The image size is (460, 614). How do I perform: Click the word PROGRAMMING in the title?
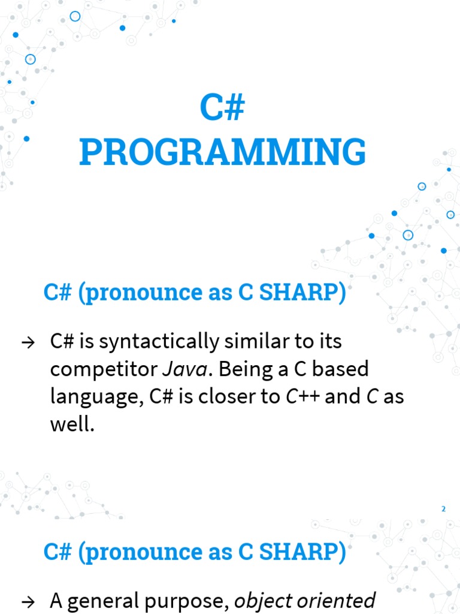(223, 152)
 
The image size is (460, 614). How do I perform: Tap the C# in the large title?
(223, 107)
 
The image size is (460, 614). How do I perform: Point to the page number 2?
(443, 509)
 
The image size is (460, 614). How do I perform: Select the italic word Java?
(184, 369)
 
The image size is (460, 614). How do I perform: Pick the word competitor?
(104, 370)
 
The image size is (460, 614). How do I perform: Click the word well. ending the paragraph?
(72, 424)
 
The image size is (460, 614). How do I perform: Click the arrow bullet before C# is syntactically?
(28, 342)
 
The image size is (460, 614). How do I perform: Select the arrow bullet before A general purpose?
(28, 601)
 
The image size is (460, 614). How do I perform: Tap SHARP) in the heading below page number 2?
(302, 552)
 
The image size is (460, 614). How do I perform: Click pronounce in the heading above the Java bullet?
(140, 293)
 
